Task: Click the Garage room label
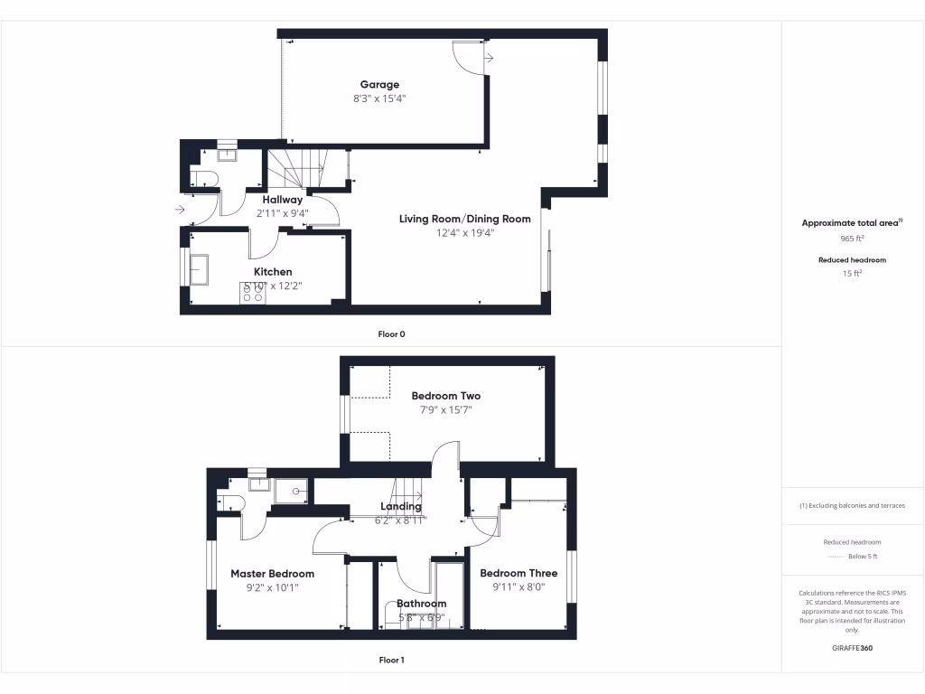click(x=379, y=85)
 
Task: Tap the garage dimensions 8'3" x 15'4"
click(x=379, y=98)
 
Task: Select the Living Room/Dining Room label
click(x=465, y=219)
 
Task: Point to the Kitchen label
click(x=273, y=271)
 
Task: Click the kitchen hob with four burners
click(x=251, y=293)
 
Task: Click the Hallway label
click(x=283, y=200)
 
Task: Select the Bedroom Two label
click(x=445, y=396)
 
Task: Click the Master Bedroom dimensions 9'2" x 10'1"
click(x=272, y=587)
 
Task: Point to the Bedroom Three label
click(x=519, y=573)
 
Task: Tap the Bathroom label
click(x=421, y=604)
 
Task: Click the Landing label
click(x=400, y=506)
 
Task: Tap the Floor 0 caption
click(x=391, y=334)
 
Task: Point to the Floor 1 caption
click(x=391, y=660)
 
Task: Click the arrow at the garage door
click(x=489, y=59)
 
